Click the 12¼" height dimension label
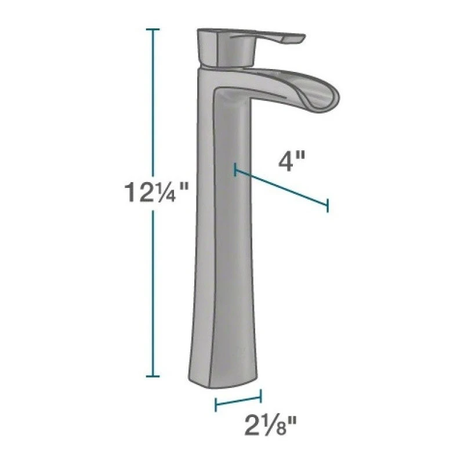coord(156,193)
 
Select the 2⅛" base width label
coord(270,425)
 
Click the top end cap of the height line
coord(153,30)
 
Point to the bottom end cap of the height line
coord(153,376)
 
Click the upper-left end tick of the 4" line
coord(235,169)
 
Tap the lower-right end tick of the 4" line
coord(327,205)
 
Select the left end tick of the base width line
coord(216,404)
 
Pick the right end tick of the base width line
coord(260,396)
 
